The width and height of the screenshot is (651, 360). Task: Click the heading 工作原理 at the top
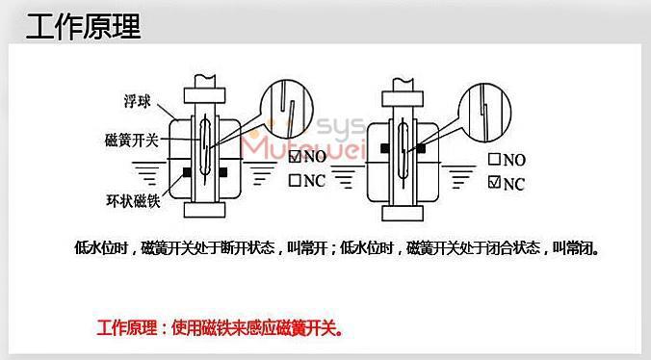83,26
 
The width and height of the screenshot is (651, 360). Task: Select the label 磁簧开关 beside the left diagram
125,140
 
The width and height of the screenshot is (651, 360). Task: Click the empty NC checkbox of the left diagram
296,180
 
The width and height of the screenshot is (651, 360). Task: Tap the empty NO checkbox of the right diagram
494,160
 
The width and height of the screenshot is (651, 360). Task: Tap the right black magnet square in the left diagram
222,173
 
